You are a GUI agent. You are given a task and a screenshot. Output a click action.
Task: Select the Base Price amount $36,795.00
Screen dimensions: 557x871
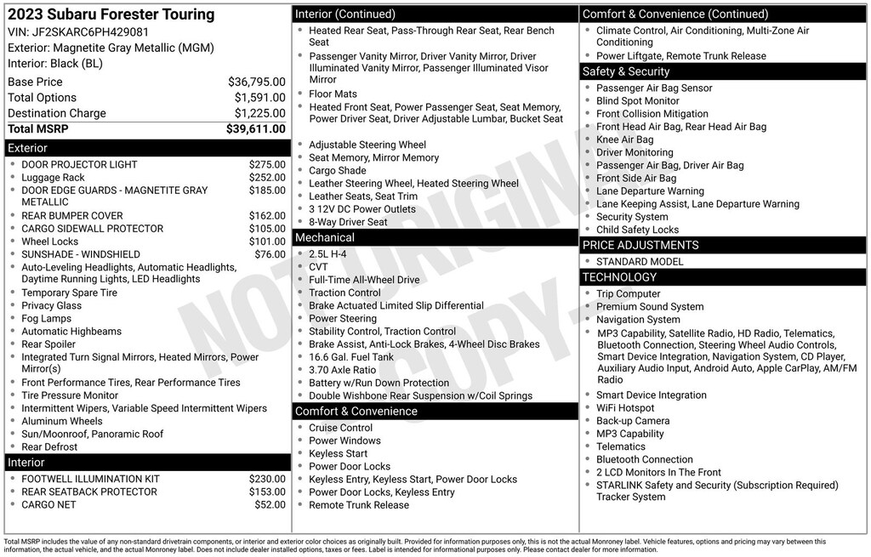[256, 82]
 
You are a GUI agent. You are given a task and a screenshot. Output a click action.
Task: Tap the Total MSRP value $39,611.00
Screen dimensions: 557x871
[255, 129]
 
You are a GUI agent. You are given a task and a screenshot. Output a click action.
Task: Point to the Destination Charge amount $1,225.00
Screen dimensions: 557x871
[259, 114]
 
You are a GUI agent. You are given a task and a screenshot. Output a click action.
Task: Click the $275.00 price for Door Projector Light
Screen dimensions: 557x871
[267, 165]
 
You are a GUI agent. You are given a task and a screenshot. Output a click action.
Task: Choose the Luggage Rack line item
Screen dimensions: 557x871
[53, 178]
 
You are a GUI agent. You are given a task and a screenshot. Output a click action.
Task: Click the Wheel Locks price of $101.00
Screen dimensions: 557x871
[267, 242]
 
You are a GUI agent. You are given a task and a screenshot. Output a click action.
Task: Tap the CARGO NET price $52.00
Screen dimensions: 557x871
[270, 505]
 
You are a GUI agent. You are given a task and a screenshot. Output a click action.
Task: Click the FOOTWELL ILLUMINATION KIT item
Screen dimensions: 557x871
[90, 480]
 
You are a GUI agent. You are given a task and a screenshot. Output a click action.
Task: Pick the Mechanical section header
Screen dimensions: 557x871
[324, 238]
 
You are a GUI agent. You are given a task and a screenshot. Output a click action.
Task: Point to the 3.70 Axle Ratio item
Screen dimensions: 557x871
[342, 370]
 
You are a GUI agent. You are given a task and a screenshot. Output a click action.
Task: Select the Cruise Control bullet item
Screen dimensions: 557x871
[340, 428]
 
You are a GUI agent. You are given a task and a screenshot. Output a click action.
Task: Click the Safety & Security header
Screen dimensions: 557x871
[625, 71]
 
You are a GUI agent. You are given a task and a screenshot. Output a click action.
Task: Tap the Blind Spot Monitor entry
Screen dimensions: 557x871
[638, 101]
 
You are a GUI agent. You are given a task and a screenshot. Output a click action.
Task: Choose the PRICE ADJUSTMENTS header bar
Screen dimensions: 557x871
[640, 245]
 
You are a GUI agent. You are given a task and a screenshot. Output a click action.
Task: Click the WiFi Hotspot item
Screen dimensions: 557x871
[625, 408]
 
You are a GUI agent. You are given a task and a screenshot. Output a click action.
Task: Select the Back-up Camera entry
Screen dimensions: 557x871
[633, 421]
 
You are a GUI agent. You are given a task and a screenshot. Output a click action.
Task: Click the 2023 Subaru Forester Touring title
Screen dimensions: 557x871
[111, 14]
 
